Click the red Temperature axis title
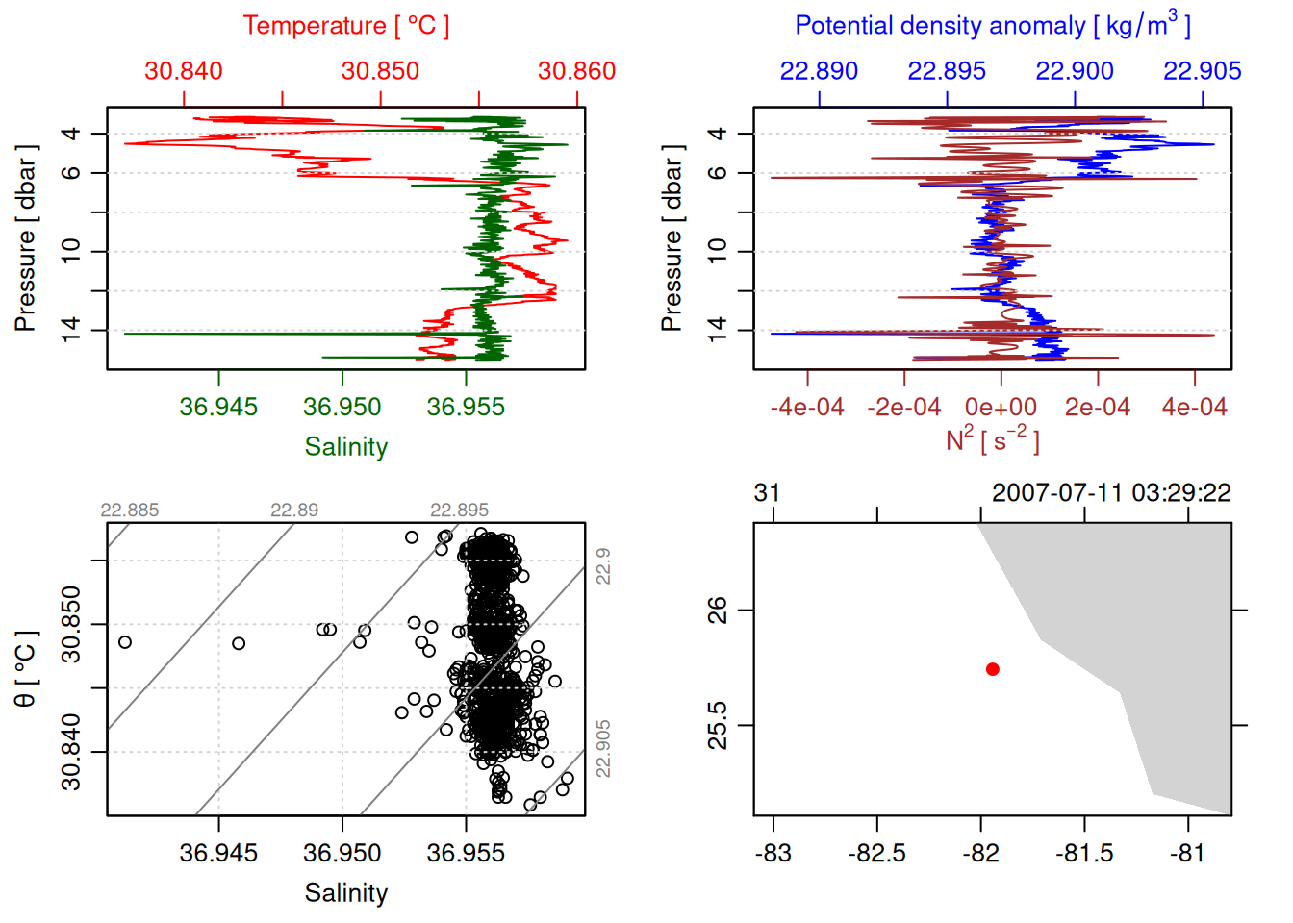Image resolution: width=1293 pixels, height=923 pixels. tap(345, 26)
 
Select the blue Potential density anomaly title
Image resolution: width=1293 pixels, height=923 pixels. tap(992, 26)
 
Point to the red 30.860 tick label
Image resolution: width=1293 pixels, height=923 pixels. tap(576, 71)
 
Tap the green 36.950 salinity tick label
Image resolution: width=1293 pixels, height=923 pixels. tap(342, 407)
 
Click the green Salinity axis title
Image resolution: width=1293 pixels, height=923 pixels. tap(345, 447)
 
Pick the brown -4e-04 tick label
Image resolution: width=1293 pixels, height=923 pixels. tap(806, 408)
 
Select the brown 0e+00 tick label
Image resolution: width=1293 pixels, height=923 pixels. tap(1001, 408)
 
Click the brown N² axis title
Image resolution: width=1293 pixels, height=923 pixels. tap(992, 440)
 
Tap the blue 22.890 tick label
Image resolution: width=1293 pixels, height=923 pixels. tap(819, 71)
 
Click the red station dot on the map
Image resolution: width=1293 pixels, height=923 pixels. tap(993, 669)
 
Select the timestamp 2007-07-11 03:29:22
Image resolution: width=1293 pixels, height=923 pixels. tap(1111, 493)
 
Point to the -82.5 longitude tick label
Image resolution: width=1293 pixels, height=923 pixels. tap(876, 853)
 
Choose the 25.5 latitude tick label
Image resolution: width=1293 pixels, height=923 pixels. tap(718, 725)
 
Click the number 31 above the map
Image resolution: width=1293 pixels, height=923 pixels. tap(767, 493)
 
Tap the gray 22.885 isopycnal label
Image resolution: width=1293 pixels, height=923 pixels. tap(129, 511)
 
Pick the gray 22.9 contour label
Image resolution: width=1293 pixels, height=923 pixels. tap(603, 566)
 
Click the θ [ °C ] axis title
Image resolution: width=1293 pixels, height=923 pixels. tap(26, 669)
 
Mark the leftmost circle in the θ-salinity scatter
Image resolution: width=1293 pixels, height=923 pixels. tap(124, 642)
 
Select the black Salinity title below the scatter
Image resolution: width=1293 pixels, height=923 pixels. tap(345, 893)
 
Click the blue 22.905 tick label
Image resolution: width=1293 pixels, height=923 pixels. tap(1202, 71)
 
